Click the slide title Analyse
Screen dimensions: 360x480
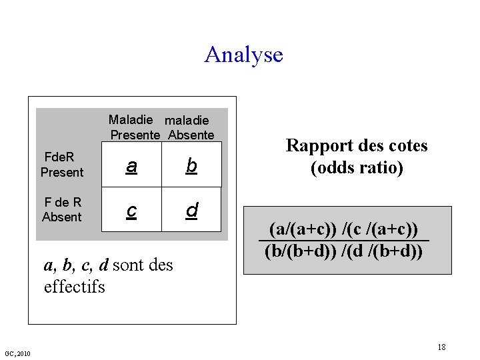pos(243,54)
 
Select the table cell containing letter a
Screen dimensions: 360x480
pos(132,165)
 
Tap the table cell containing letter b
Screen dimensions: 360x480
pos(191,165)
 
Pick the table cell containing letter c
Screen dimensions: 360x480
pos(132,210)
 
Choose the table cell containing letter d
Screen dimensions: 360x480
pos(191,210)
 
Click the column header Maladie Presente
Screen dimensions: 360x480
pos(135,127)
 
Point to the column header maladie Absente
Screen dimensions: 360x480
pos(191,127)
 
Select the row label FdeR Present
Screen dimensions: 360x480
pos(61,165)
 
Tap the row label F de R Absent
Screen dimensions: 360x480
pos(61,210)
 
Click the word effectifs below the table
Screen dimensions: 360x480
pos(74,287)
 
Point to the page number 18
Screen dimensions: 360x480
pos(441,347)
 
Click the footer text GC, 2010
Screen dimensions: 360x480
pos(17,353)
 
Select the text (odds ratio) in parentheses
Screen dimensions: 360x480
pos(357,168)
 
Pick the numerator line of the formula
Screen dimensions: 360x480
pos(343,229)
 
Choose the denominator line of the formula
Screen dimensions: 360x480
pos(343,251)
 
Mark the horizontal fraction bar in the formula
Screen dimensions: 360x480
pos(343,241)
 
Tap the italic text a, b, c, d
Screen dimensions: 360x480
pos(76,265)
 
